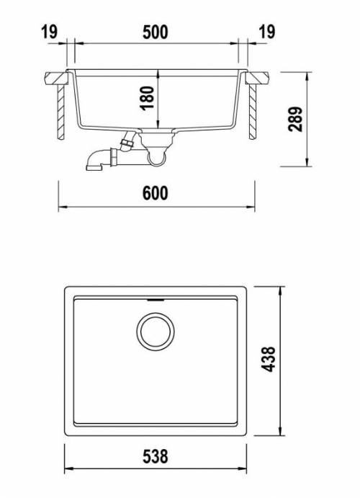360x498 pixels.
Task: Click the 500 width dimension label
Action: (155, 32)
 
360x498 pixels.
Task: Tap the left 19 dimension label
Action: (50, 32)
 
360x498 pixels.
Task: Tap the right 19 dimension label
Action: (267, 32)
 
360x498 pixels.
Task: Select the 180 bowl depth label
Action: (147, 98)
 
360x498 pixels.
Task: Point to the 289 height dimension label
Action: (295, 119)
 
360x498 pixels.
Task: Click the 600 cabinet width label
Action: (155, 193)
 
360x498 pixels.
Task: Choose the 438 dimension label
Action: (268, 359)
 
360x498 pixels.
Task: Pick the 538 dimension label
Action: (155, 456)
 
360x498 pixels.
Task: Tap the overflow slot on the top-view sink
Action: (156, 299)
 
